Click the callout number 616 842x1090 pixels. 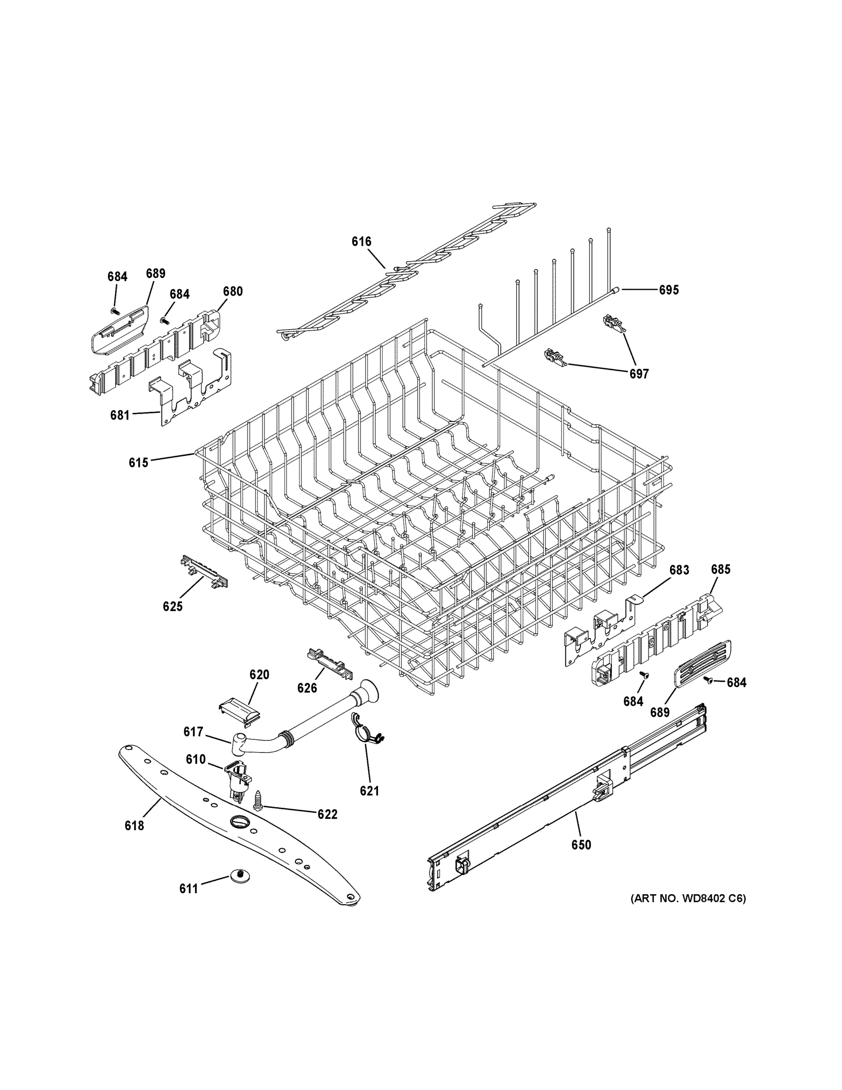(361, 242)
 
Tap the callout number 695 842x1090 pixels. (669, 290)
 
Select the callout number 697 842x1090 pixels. (639, 373)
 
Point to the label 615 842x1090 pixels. (138, 463)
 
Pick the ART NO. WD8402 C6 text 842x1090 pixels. (689, 898)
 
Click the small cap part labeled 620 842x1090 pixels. (240, 710)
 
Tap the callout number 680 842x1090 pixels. (232, 292)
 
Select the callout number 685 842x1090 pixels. (720, 569)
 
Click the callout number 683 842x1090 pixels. (679, 570)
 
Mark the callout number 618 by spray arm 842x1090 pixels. (134, 826)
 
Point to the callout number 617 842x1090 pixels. (193, 732)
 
